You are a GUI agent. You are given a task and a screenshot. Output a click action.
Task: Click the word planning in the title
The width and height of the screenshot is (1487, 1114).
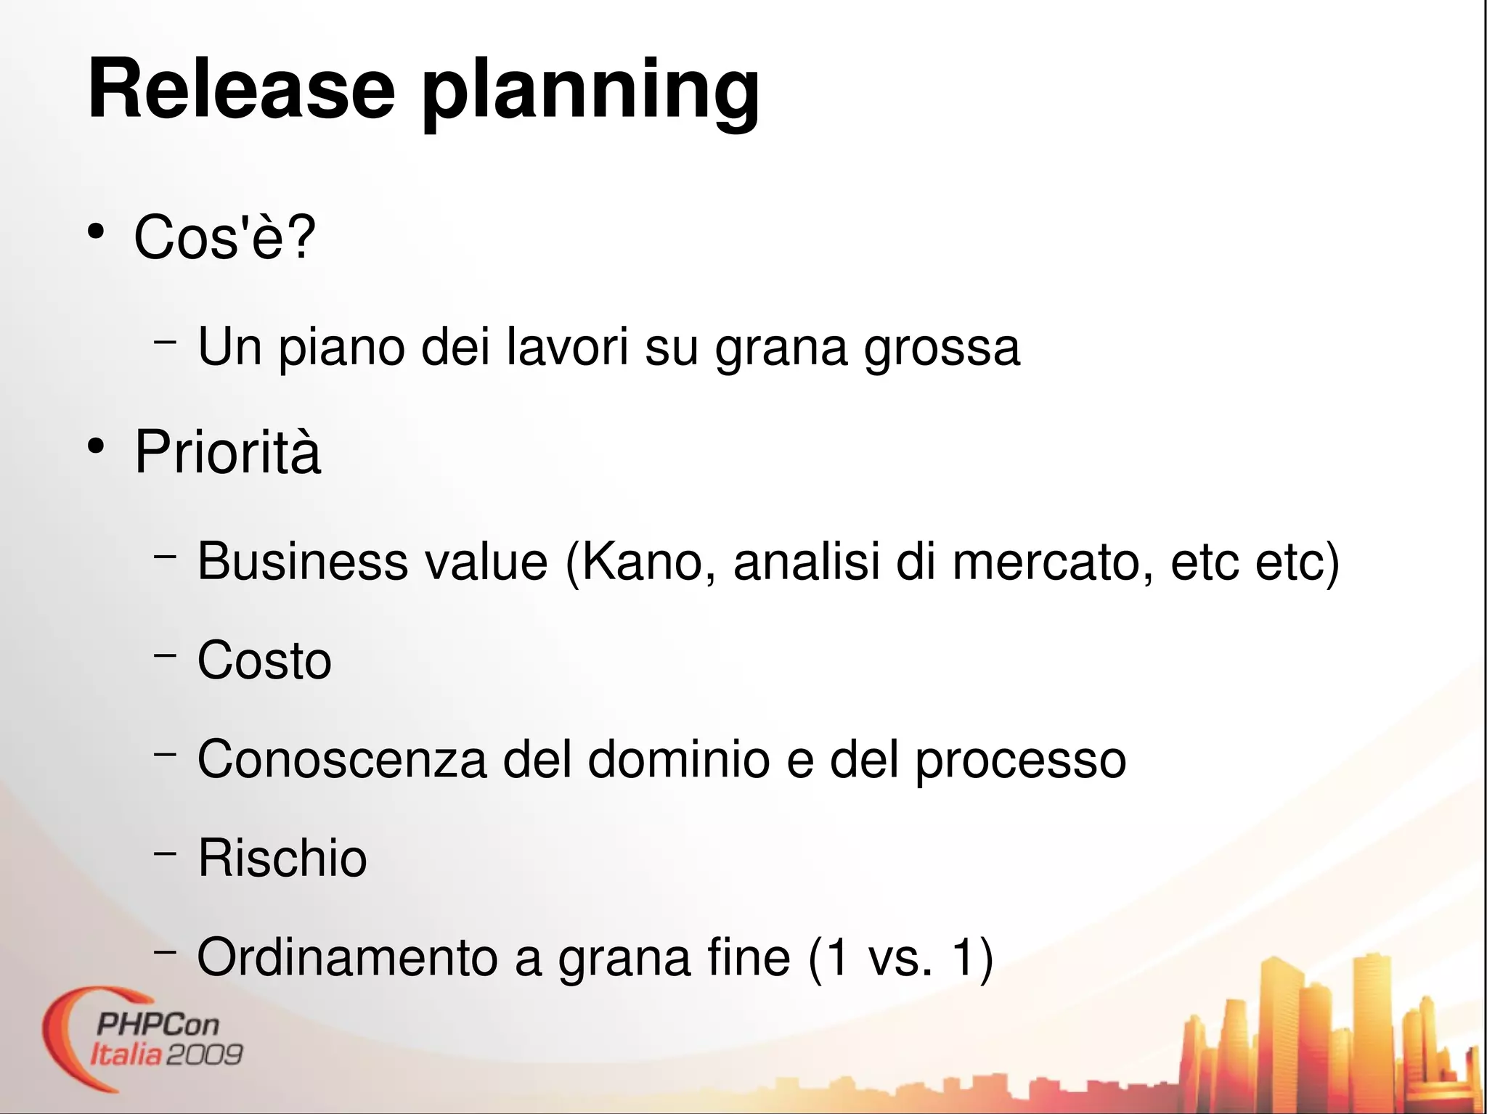[590, 93]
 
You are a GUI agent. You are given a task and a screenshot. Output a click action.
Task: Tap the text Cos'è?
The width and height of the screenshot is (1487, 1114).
[224, 237]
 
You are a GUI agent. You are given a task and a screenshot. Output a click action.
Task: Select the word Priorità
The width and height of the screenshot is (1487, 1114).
[227, 452]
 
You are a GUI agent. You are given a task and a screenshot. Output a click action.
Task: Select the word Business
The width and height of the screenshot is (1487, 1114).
[302, 561]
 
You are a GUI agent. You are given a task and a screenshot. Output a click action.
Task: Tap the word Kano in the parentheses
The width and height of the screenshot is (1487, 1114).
[641, 561]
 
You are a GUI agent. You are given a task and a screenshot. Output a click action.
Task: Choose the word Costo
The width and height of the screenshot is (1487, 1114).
[264, 660]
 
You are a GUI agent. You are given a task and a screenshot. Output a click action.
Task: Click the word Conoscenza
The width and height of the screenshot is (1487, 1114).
[342, 759]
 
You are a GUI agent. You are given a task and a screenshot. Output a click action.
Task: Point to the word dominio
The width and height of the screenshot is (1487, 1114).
[678, 759]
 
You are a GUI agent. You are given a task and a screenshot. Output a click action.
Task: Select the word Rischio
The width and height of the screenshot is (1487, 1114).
[282, 858]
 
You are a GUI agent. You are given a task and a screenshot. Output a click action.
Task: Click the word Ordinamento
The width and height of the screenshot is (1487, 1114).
[347, 957]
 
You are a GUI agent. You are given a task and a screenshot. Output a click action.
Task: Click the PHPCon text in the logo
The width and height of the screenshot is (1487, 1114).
[157, 1025]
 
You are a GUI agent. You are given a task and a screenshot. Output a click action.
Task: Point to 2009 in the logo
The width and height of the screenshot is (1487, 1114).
[204, 1054]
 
